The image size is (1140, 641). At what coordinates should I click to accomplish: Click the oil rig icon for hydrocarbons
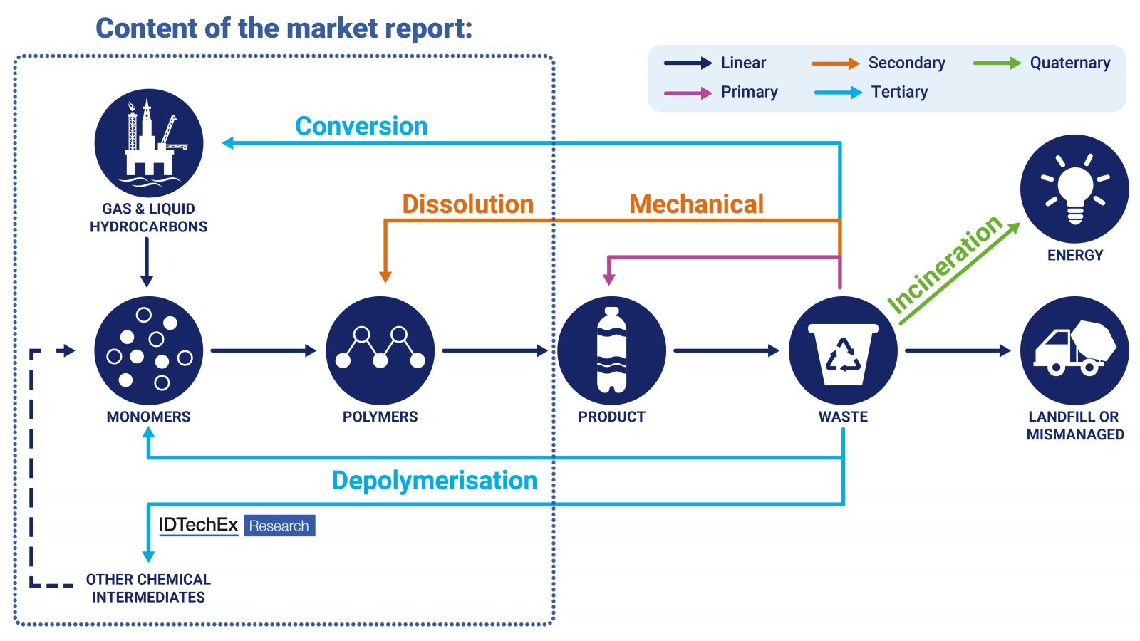[x=149, y=142]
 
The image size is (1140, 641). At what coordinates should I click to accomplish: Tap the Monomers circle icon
[x=149, y=350]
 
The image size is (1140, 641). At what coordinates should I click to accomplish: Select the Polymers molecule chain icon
[x=380, y=350]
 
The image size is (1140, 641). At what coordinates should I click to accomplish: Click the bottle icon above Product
[x=611, y=350]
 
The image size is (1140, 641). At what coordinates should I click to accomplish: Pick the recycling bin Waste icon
[x=843, y=350]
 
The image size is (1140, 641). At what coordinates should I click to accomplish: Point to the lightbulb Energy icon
[x=1074, y=189]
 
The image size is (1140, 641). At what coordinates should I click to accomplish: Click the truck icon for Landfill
[x=1074, y=350]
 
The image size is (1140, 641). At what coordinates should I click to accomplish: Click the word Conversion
[x=361, y=126]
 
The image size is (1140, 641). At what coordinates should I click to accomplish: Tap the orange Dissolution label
[x=467, y=204]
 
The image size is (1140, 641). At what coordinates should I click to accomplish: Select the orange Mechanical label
[x=696, y=204]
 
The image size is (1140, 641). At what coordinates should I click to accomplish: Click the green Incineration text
[x=944, y=264]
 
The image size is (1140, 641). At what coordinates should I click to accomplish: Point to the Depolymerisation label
[x=434, y=481]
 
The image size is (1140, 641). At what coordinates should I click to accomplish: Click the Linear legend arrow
[x=688, y=63]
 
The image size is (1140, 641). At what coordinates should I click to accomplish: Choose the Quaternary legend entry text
[x=1069, y=63]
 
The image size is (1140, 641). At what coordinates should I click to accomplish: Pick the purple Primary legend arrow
[x=688, y=93]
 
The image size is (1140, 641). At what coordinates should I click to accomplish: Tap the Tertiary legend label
[x=899, y=92]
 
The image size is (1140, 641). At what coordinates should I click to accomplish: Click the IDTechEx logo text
[x=198, y=526]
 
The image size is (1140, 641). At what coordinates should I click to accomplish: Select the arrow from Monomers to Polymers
[x=263, y=350]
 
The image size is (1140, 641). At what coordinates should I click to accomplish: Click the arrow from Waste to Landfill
[x=958, y=350]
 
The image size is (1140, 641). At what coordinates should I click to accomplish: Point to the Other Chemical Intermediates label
[x=148, y=588]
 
